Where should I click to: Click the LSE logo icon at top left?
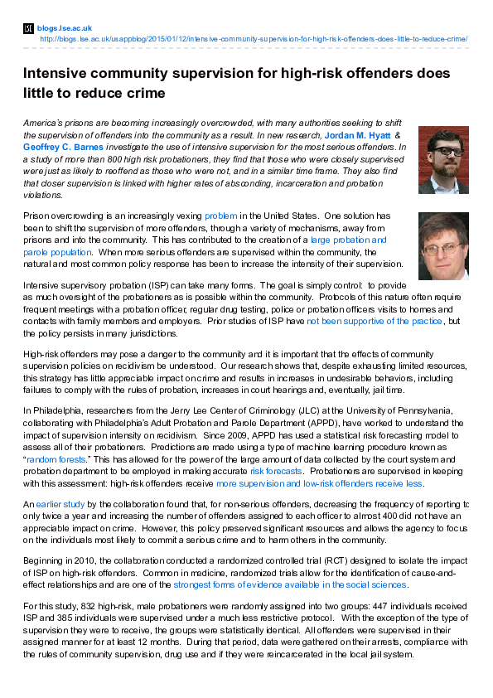pyautogui.click(x=29, y=28)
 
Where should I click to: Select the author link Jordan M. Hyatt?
pyautogui.click(x=358, y=134)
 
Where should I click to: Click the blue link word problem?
pyautogui.click(x=220, y=216)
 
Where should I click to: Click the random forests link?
pyautogui.click(x=55, y=458)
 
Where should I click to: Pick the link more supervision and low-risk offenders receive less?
pyautogui.click(x=319, y=482)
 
